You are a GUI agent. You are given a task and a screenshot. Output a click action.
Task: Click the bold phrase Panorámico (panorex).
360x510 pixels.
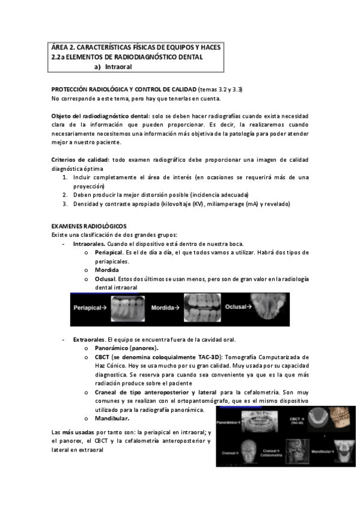(x=126, y=348)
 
